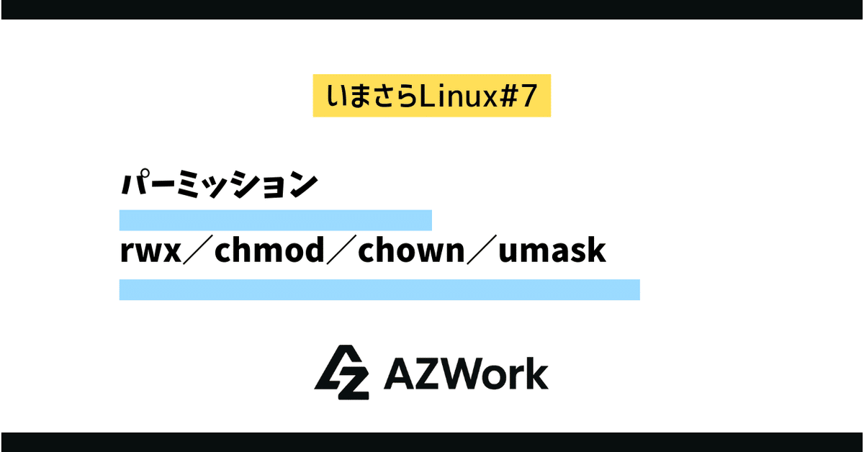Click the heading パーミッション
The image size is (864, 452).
tap(218, 185)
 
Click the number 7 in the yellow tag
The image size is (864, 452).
tap(529, 96)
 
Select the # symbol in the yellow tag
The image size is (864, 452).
tap(508, 96)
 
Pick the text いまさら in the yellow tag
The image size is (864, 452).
tap(370, 96)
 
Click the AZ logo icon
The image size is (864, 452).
tap(342, 372)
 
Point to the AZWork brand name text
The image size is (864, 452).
tap(467, 374)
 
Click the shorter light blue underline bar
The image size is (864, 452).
tap(275, 220)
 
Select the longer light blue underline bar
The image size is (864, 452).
tap(379, 290)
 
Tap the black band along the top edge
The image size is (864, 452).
tap(432, 9)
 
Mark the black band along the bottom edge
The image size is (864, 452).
tap(432, 442)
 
